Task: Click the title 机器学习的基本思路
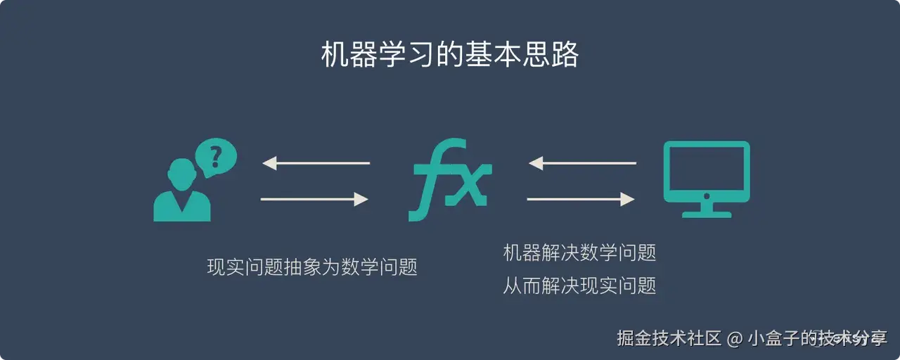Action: [450, 55]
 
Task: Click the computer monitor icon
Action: [707, 172]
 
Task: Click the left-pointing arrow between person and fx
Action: [316, 163]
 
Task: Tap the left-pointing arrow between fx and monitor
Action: [582, 163]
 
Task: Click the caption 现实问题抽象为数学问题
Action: [312, 267]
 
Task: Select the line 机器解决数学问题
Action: [579, 252]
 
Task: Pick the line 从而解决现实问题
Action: [579, 285]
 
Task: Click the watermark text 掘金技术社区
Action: [669, 337]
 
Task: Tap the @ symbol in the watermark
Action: [734, 338]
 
